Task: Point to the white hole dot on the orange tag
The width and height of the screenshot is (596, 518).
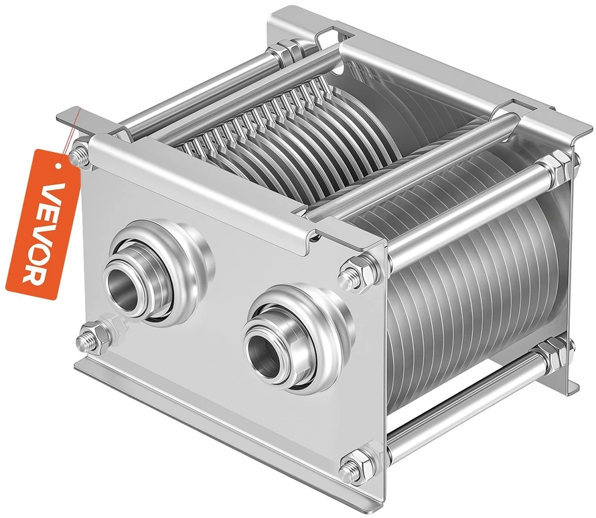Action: click(x=57, y=166)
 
